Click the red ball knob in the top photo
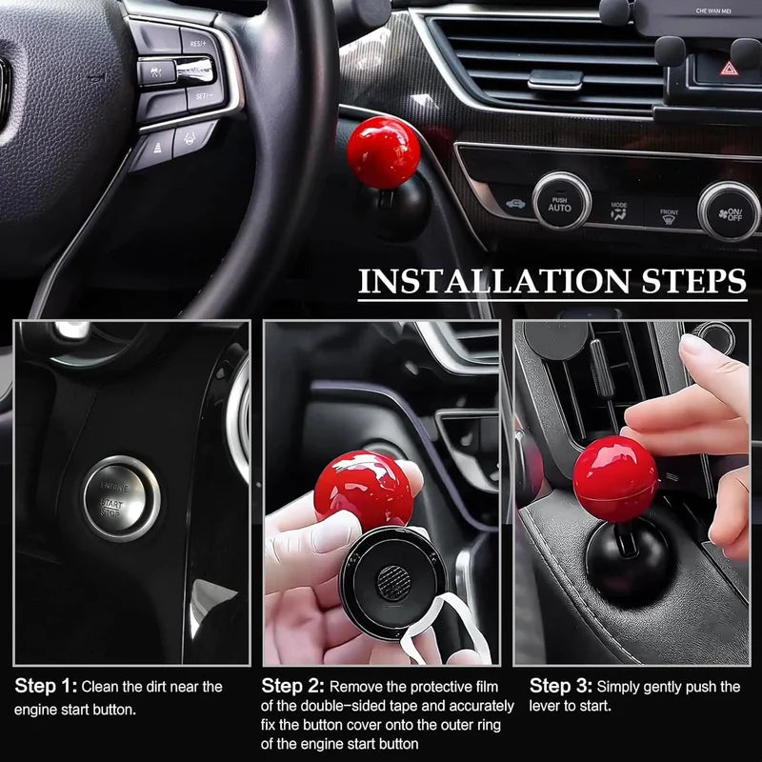click(x=383, y=152)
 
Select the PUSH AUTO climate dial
click(x=560, y=202)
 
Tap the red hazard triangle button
click(x=727, y=69)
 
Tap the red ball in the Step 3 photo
click(x=615, y=479)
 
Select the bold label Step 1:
click(x=46, y=687)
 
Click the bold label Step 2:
click(x=293, y=686)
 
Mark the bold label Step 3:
click(x=561, y=686)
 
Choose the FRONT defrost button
click(x=670, y=216)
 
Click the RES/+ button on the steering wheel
click(x=197, y=44)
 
